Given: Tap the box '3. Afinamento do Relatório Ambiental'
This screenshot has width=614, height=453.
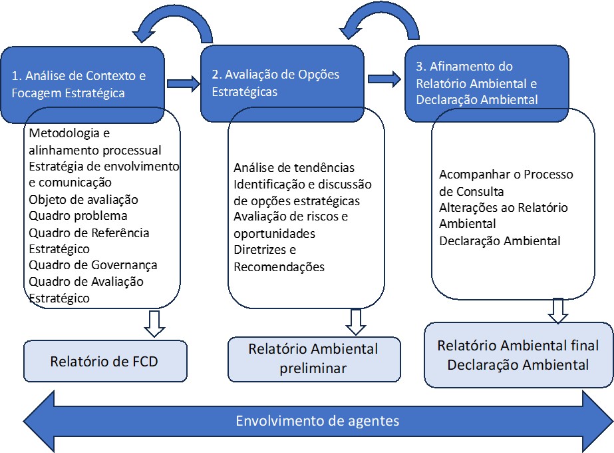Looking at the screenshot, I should tap(486, 83).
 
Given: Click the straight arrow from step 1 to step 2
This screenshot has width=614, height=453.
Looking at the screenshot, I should tap(183, 83).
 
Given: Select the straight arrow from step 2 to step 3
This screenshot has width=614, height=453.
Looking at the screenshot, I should tap(384, 79).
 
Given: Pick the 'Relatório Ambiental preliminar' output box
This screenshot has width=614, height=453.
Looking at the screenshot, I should tap(314, 358).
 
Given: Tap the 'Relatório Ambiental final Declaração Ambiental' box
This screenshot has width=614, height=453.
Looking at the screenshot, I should tap(518, 355).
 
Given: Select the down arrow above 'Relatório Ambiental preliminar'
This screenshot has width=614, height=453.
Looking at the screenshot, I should tap(355, 322).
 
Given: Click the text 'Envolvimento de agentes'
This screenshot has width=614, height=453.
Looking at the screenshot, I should tap(317, 421).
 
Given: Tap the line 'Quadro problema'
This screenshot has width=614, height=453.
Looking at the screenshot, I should tap(78, 215).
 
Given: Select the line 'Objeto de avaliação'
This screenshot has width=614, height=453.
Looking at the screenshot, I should tap(83, 199).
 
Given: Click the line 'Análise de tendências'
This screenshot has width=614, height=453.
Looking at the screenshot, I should tap(294, 167).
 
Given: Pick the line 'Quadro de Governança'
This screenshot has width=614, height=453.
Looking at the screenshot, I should tap(93, 265).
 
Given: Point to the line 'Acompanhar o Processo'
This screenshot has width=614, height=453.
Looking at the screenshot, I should tap(506, 175).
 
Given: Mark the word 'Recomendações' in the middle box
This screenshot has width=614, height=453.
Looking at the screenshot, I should tap(279, 266).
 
